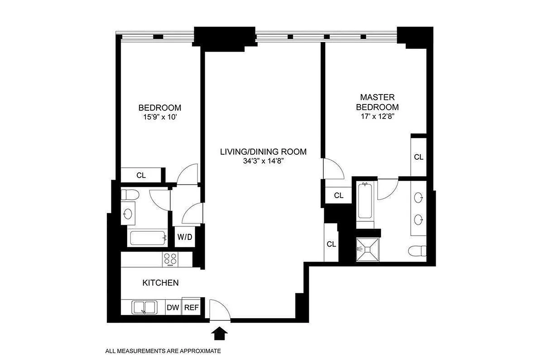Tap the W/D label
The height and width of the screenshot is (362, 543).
click(183, 237)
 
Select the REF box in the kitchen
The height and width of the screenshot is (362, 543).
click(191, 308)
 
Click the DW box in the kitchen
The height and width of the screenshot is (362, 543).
click(173, 308)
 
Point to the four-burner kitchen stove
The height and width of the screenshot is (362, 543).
click(170, 259)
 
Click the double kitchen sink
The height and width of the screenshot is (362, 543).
click(144, 308)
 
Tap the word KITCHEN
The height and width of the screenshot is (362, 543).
click(160, 283)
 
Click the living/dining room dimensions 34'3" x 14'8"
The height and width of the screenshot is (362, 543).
click(263, 161)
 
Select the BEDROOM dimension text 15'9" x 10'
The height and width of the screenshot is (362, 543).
click(159, 117)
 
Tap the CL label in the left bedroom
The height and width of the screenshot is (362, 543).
click(141, 175)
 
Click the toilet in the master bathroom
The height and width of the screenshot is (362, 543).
click(417, 250)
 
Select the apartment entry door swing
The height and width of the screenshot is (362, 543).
click(220, 309)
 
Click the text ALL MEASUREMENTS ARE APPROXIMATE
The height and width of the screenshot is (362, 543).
click(163, 351)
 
